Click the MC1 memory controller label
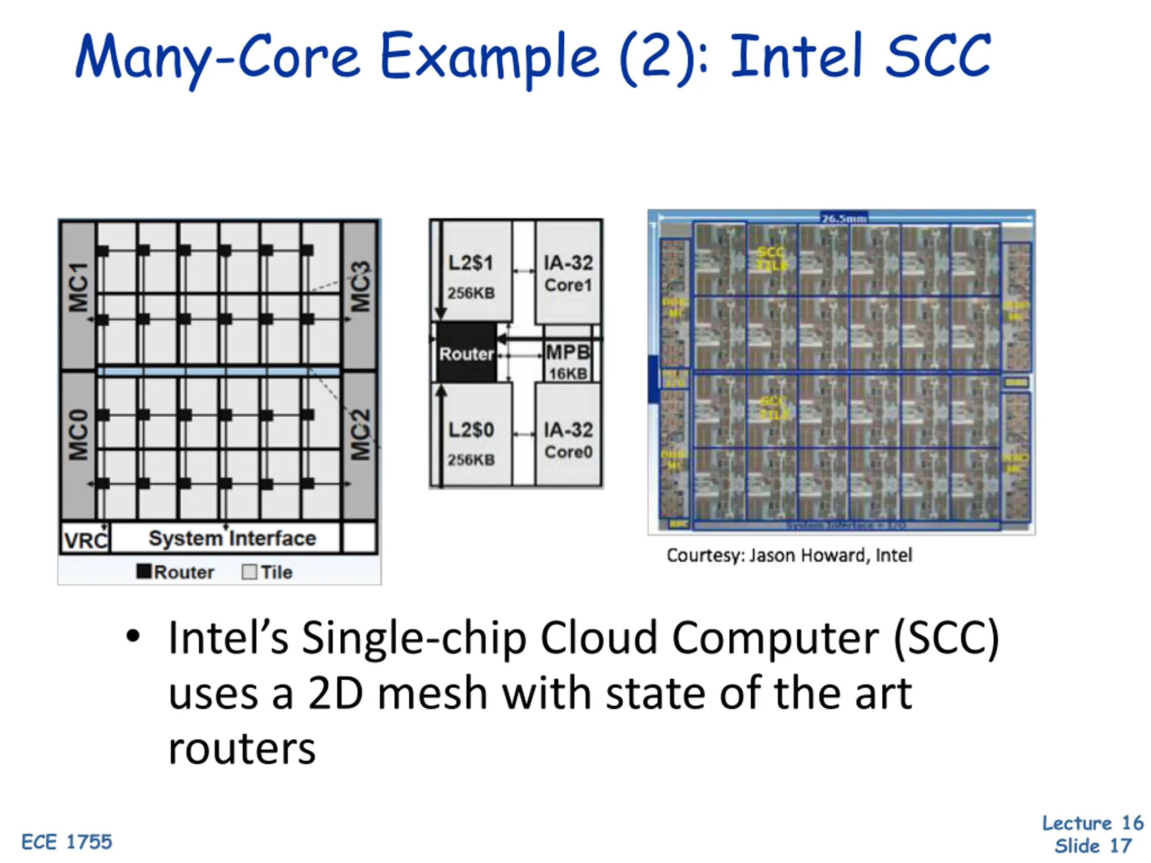coord(79,287)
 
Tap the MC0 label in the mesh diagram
coord(79,435)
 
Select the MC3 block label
coord(360,286)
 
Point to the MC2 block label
coord(360,435)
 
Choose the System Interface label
coord(232,538)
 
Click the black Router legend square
coord(143,571)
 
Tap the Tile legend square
coord(249,572)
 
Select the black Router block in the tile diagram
coord(466,353)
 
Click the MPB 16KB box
coord(568,361)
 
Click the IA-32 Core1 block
coord(568,273)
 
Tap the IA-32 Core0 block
coord(568,440)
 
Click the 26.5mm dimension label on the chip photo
coord(843,218)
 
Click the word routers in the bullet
coord(242,749)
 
